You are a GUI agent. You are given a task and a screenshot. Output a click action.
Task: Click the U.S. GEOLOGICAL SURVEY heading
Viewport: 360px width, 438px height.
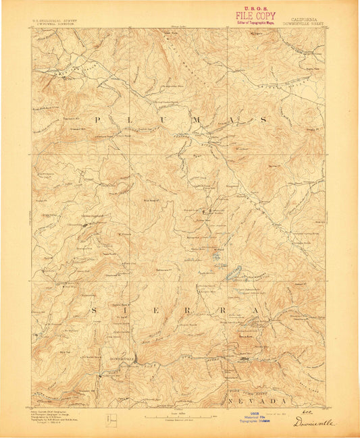tap(54, 20)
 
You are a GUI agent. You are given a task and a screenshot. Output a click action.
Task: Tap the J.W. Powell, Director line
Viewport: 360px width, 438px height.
tap(54, 24)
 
